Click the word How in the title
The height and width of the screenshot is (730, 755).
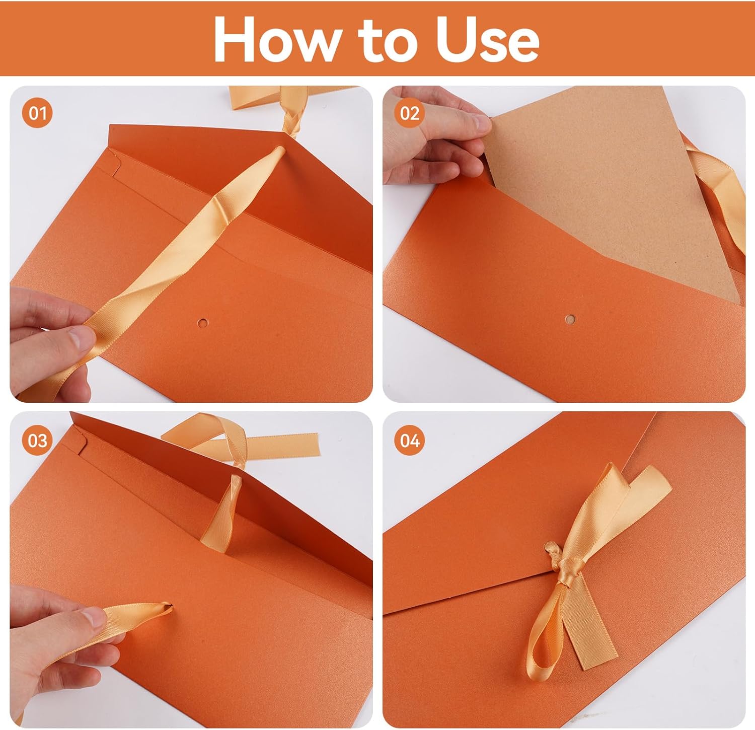[x=276, y=39]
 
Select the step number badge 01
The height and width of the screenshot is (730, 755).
[x=37, y=113]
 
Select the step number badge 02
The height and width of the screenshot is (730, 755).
[x=410, y=113]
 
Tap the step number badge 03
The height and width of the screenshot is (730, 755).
[x=37, y=441]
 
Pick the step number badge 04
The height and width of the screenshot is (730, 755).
[x=410, y=441]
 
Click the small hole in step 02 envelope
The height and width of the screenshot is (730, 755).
[x=571, y=318]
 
